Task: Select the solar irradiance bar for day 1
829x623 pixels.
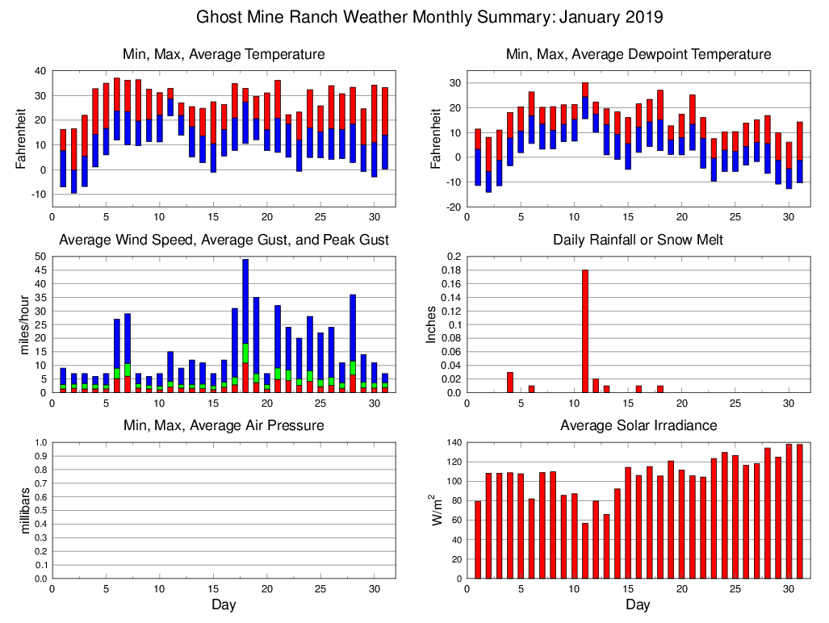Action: (478, 540)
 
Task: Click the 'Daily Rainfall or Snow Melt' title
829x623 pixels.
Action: (638, 240)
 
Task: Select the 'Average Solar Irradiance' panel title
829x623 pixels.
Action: (638, 425)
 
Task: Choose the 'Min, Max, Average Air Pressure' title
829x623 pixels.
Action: (224, 425)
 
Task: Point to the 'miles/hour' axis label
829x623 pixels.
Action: (24, 324)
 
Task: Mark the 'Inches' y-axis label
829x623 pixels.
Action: (431, 324)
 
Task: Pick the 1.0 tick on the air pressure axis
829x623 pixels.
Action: (40, 443)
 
